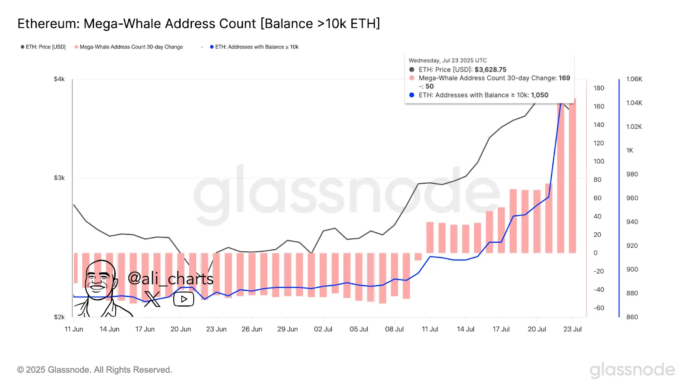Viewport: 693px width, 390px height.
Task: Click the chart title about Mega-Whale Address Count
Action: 198,24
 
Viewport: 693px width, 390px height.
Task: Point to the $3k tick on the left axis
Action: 59,178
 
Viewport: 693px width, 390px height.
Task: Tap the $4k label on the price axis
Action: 59,79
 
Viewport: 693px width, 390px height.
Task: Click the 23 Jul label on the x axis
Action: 572,329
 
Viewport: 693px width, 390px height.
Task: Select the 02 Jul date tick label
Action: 323,329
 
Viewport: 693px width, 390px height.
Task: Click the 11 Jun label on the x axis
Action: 74,329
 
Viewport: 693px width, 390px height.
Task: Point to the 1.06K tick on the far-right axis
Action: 634,79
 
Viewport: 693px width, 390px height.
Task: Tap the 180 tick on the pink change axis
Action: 599,88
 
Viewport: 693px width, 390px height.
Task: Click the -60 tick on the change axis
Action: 599,308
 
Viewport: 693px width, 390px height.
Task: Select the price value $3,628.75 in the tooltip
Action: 490,69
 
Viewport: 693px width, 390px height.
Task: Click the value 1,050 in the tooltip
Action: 540,95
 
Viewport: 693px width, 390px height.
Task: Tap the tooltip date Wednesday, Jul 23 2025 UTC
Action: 447,61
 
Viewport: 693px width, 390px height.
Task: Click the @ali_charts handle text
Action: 171,279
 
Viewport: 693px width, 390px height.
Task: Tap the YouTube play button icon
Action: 184,299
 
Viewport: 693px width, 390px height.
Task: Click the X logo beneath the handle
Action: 152,299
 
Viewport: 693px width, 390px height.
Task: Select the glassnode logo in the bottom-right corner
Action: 632,370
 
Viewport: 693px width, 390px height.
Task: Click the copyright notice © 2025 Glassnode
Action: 94,370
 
